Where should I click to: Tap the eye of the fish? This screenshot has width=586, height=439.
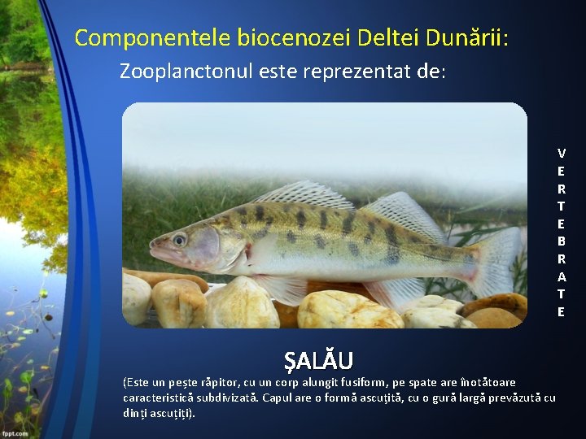(x=180, y=239)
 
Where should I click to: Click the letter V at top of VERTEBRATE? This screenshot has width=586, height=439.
(x=562, y=153)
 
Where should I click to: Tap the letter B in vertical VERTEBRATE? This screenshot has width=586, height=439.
(x=562, y=241)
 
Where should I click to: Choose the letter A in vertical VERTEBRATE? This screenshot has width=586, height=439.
(x=562, y=276)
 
